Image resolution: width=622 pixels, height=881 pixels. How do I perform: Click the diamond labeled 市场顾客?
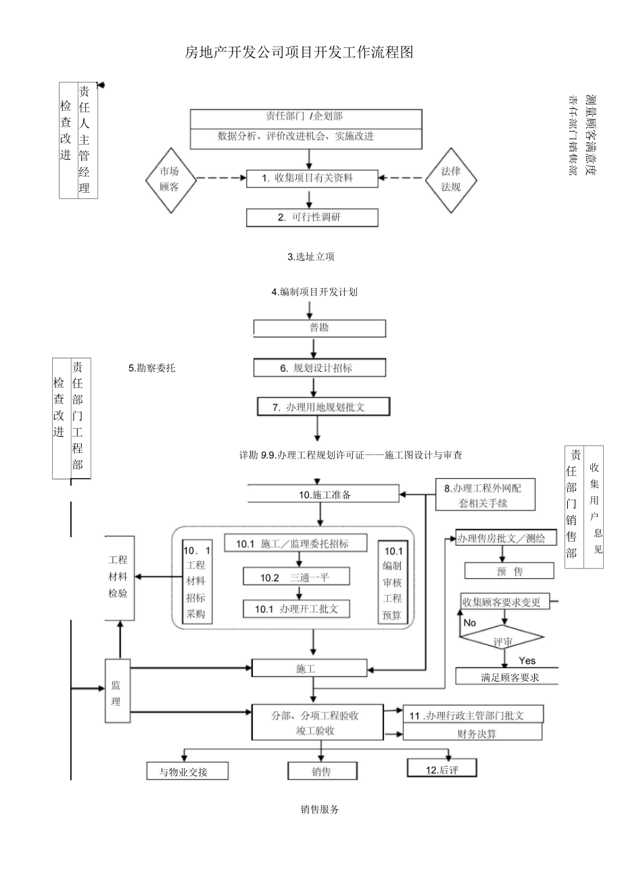coord(170,179)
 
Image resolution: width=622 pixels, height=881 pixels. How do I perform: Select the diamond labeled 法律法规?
coord(451,179)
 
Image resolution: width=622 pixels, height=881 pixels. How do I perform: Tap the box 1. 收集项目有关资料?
coord(310,178)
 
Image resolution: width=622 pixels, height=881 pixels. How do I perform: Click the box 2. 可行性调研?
coord(312,217)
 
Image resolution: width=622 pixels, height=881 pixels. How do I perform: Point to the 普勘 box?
coord(319,328)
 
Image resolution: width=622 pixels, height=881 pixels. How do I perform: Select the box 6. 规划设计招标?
coord(320,368)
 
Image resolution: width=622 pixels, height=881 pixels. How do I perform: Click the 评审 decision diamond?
coord(501,640)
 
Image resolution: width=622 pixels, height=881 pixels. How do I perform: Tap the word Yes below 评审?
coord(527,660)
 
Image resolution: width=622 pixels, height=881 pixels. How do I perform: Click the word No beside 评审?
coord(470,622)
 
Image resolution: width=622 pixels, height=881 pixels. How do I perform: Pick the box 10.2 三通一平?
coord(297,577)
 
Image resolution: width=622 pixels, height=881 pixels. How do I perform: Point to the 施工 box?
coord(306,668)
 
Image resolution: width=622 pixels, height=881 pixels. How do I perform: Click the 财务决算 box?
coord(473,733)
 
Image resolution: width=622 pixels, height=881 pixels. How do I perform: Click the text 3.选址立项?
coord(311,257)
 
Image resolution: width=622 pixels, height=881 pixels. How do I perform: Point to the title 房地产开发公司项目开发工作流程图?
coord(298,52)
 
